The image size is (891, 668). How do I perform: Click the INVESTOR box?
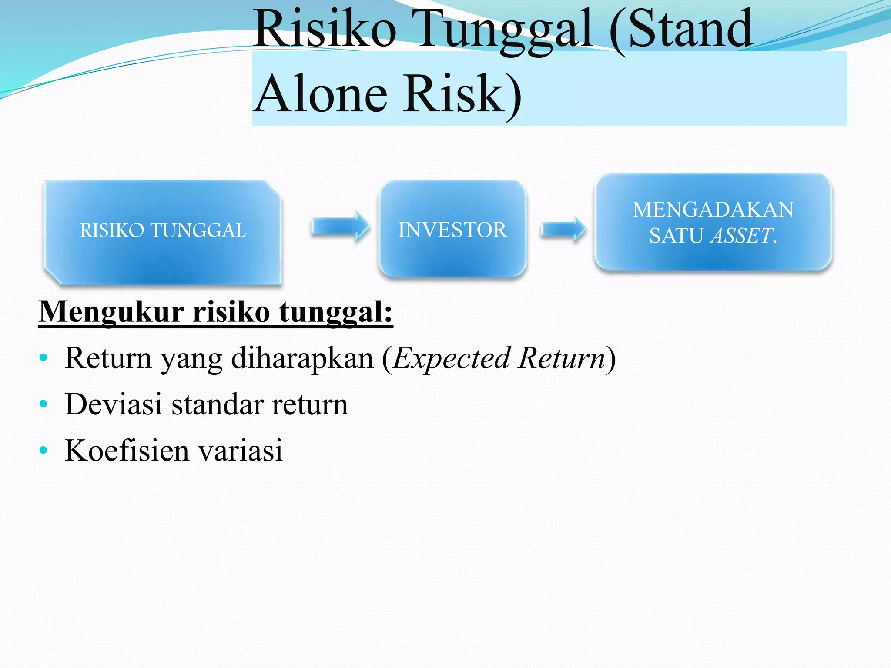click(x=452, y=230)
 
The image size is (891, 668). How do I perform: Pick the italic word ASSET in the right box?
click(x=742, y=236)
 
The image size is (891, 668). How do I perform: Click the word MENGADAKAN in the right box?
click(x=713, y=210)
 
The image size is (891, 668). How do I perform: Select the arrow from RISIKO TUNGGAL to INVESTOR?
click(x=340, y=227)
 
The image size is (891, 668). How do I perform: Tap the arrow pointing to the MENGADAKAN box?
click(x=563, y=229)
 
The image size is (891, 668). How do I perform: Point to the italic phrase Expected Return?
click(x=499, y=358)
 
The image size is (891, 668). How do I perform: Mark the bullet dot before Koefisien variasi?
click(x=43, y=450)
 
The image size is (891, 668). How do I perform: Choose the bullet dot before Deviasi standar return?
click(x=43, y=404)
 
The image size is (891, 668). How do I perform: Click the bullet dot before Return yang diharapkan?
click(x=43, y=358)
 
